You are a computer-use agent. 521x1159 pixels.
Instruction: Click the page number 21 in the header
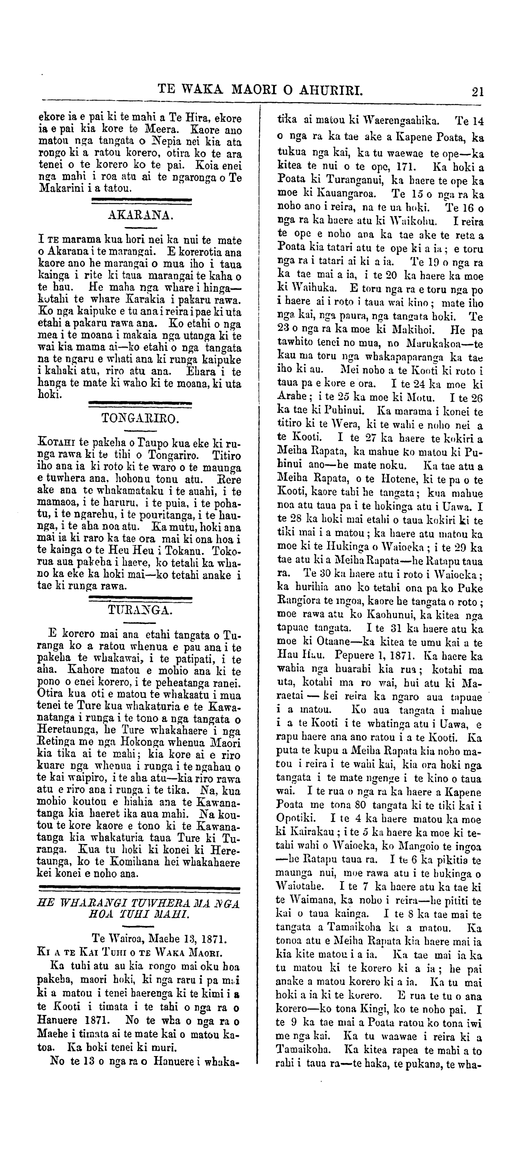pyautogui.click(x=477, y=92)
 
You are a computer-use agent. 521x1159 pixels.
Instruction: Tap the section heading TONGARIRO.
pyautogui.click(x=140, y=419)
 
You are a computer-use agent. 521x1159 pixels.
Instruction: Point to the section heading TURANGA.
pyautogui.click(x=140, y=610)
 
